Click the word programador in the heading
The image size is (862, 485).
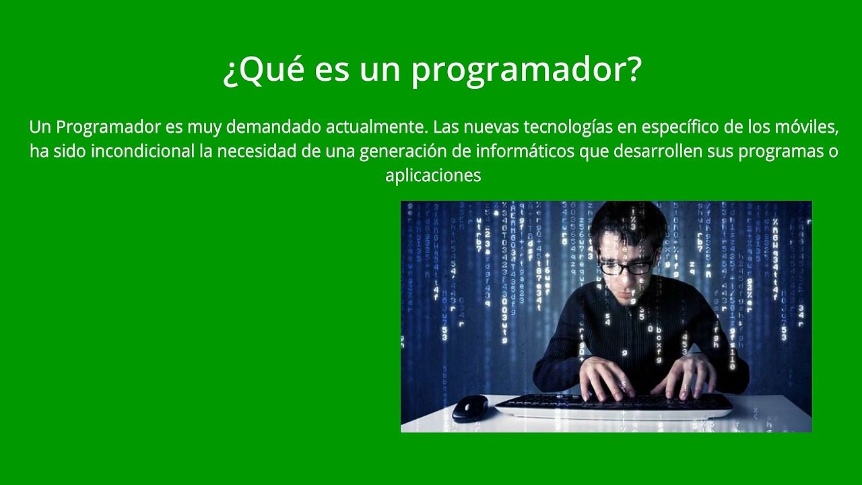click(526, 71)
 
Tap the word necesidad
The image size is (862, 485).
click(256, 151)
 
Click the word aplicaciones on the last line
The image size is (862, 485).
click(433, 176)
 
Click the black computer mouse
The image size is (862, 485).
click(469, 408)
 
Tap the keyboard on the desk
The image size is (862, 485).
click(613, 405)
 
